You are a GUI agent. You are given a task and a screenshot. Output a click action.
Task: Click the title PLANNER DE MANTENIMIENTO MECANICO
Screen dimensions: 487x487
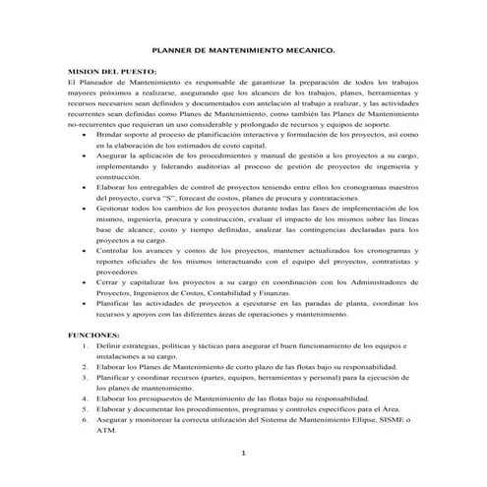(x=243, y=48)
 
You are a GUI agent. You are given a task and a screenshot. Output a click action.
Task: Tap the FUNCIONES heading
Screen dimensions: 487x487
(x=94, y=335)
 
